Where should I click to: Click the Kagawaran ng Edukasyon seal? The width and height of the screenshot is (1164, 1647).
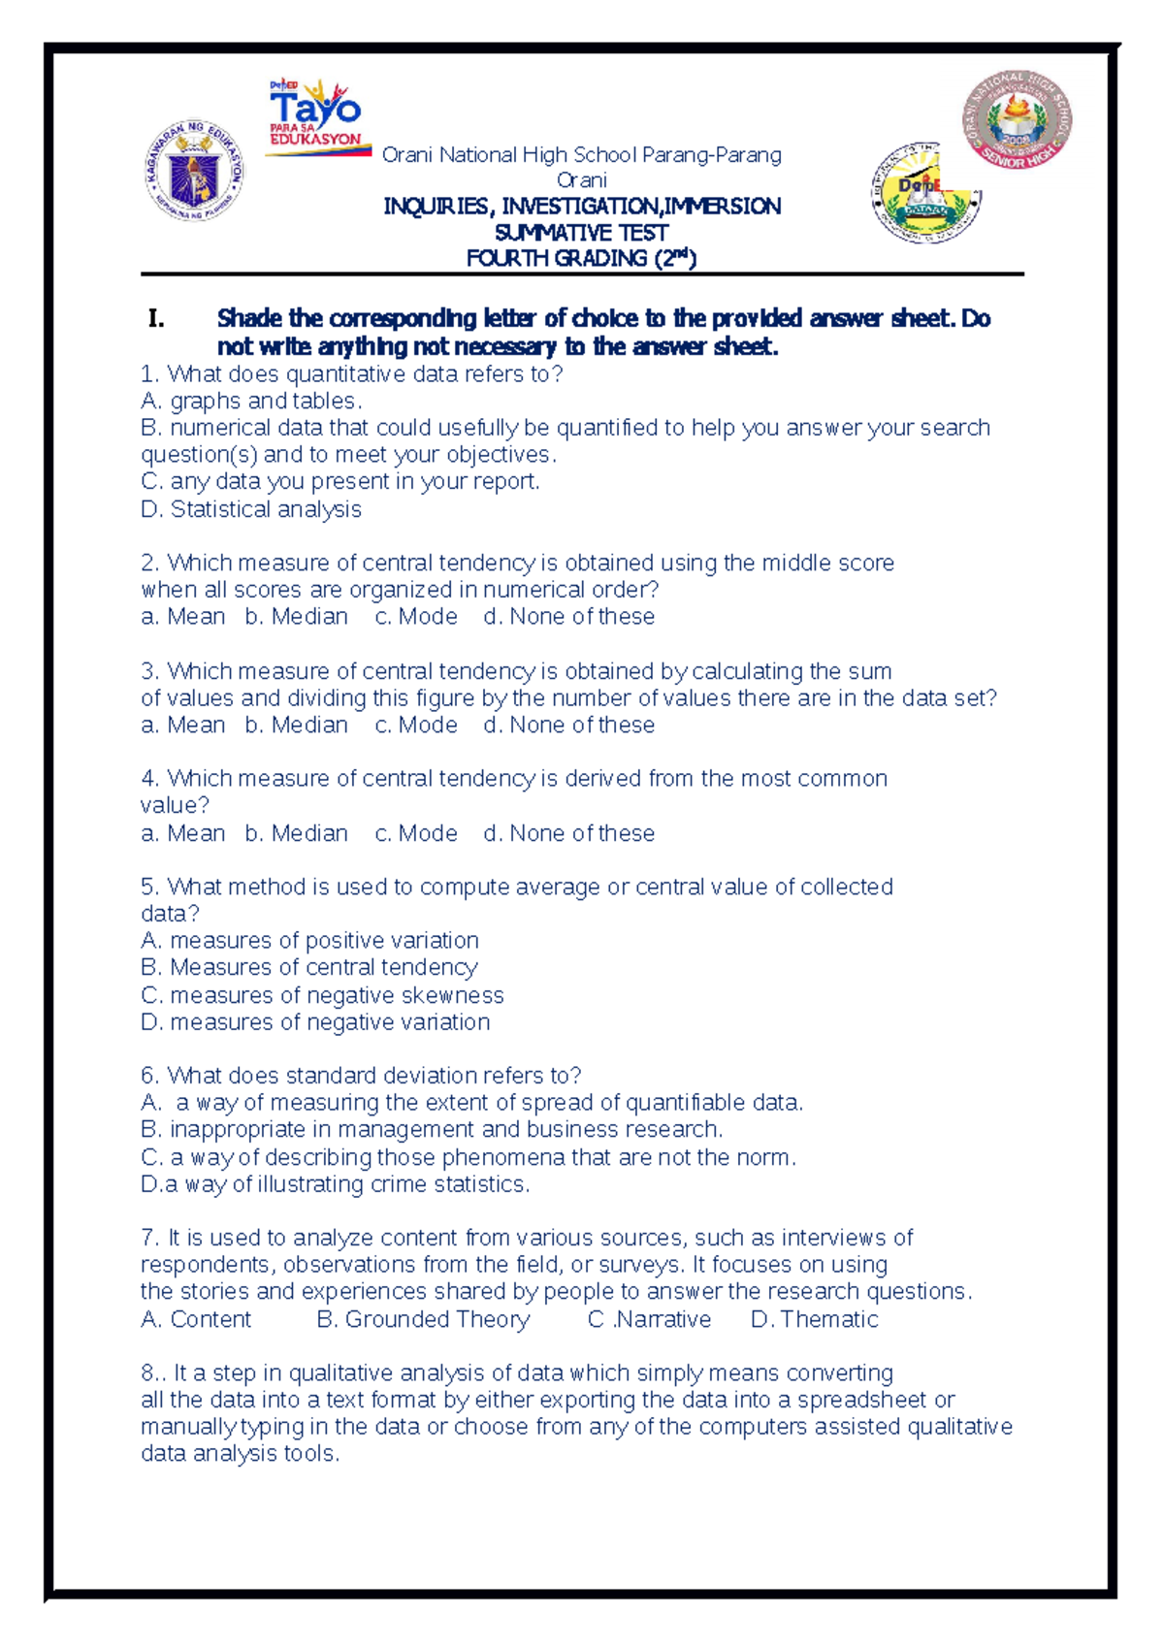tap(194, 172)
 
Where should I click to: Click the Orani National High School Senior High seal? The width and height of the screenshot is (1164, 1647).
tap(1017, 120)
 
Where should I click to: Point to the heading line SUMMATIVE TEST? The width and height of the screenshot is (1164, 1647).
tap(581, 233)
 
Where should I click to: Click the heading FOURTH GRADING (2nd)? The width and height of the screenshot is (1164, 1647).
tap(581, 258)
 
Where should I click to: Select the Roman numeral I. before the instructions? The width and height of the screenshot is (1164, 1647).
tap(156, 318)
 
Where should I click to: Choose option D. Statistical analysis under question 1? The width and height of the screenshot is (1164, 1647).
tap(251, 509)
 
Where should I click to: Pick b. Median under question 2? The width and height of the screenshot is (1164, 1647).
tap(296, 617)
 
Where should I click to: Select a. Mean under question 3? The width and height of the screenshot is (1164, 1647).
tap(182, 726)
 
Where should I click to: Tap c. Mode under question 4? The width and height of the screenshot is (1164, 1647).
tap(416, 833)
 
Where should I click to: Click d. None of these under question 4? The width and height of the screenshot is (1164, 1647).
tap(568, 833)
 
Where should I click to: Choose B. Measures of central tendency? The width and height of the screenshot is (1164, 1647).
tap(308, 967)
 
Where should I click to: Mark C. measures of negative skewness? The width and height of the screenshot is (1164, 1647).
tap(322, 995)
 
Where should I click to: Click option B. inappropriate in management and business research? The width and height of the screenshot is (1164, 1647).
tap(432, 1130)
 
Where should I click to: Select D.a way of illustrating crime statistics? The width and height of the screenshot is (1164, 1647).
tap(335, 1184)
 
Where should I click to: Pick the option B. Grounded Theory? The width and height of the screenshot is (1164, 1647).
tap(424, 1319)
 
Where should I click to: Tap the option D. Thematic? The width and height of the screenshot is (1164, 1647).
tap(815, 1319)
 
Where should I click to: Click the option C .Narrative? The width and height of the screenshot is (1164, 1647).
tap(649, 1319)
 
